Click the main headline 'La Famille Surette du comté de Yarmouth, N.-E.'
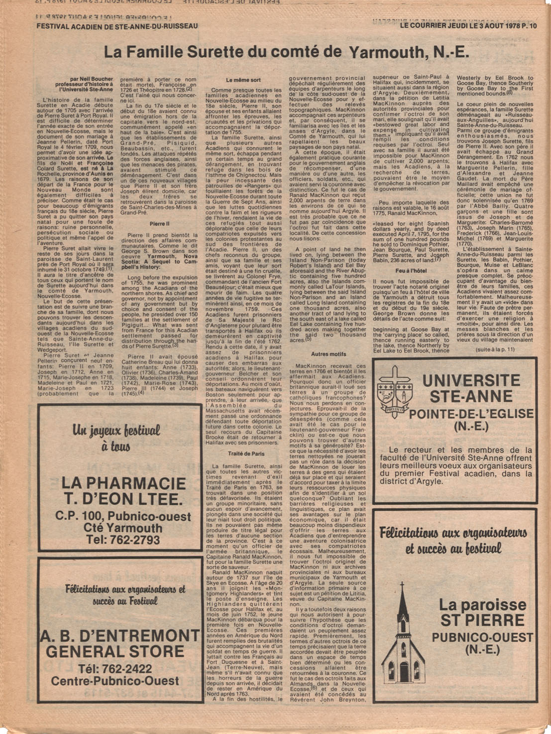tap(286, 52)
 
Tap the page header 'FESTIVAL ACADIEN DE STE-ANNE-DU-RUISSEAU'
tap(117, 26)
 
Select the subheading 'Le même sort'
tap(243, 80)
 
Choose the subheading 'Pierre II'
tap(159, 224)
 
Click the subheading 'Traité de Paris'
tap(246, 454)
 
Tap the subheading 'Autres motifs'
tap(328, 354)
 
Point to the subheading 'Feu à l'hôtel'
tap(411, 271)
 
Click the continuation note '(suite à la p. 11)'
tap(495, 349)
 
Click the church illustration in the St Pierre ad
tap(403, 638)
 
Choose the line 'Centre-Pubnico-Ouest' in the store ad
tap(115, 681)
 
